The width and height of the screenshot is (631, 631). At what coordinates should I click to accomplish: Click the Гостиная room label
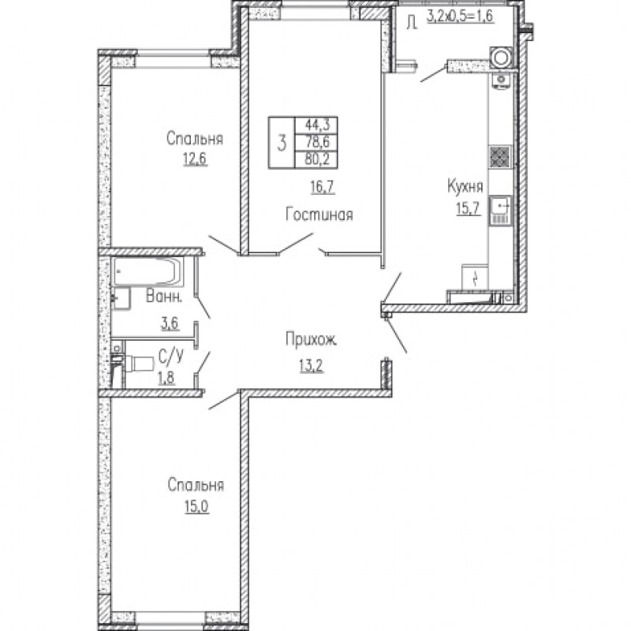click(319, 215)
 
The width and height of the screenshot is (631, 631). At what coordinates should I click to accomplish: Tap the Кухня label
click(465, 187)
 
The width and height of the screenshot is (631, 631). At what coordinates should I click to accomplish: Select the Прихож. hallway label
click(311, 341)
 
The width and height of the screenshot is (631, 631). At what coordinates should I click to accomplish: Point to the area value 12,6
click(195, 159)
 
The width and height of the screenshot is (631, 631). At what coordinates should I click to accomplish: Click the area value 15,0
click(196, 507)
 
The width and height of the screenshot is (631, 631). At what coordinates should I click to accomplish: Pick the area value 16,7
click(323, 187)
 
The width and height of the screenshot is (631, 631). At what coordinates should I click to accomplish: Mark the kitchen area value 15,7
click(469, 208)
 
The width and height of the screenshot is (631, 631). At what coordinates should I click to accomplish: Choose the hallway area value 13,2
click(311, 366)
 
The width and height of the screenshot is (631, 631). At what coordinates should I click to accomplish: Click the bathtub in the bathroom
click(148, 271)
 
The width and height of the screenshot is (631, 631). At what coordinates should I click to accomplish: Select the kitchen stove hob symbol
click(500, 156)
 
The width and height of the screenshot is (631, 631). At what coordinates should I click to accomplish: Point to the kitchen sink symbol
click(500, 210)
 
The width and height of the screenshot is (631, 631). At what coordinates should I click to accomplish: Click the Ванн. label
click(164, 297)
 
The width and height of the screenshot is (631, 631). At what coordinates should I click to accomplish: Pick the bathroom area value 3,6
click(170, 323)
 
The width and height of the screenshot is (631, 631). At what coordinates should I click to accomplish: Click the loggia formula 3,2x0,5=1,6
click(460, 17)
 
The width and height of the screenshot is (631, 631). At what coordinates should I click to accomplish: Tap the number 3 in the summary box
click(282, 143)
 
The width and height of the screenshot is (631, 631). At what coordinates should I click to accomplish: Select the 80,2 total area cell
click(317, 160)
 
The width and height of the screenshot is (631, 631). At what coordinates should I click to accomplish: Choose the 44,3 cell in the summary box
click(318, 125)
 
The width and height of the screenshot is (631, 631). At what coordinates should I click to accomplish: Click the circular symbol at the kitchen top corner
click(501, 58)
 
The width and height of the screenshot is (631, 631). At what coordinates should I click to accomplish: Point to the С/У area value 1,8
click(166, 379)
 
